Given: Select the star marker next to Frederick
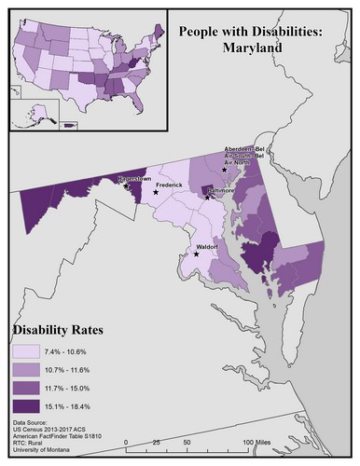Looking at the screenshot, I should tap(155, 193).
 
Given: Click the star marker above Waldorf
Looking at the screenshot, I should tap(197, 253).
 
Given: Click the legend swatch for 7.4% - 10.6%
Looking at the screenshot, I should tap(29, 352).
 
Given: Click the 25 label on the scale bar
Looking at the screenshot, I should tap(156, 441).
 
